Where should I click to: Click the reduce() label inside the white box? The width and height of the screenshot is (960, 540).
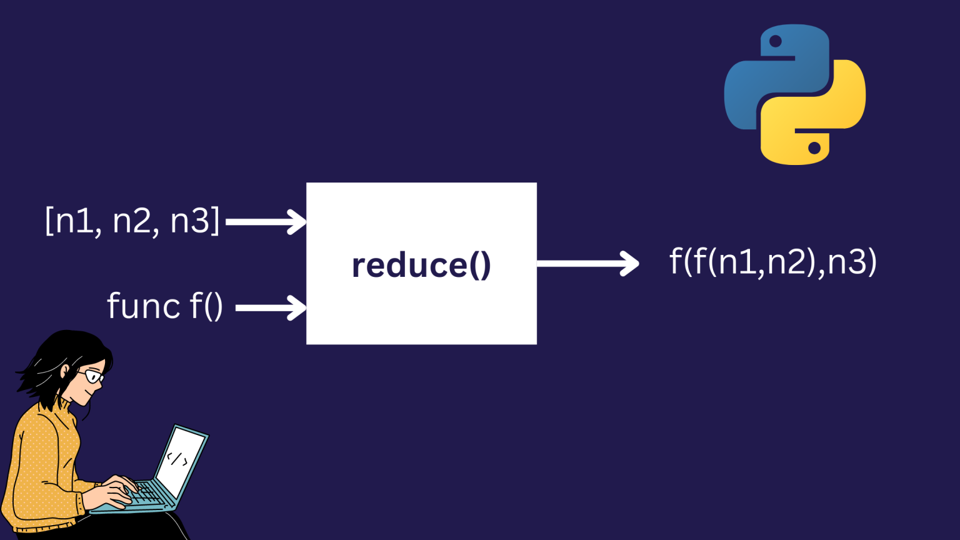421,265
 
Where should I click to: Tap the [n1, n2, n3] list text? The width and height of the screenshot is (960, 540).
132,221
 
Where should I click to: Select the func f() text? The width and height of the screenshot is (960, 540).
165,306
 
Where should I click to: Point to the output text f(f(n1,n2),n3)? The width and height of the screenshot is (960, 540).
773,261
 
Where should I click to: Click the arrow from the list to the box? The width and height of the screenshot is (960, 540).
266,221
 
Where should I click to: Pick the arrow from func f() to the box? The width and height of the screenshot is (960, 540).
271,307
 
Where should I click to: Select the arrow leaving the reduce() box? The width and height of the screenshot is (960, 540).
587,263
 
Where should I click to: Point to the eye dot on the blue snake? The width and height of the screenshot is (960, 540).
776,42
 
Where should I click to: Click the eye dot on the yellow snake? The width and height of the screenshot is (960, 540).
814,148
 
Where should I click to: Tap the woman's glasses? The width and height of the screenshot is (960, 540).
92,376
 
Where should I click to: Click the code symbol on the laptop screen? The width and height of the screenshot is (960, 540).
177,459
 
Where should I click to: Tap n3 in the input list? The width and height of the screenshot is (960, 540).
191,221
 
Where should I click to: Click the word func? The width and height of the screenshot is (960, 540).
144,306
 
